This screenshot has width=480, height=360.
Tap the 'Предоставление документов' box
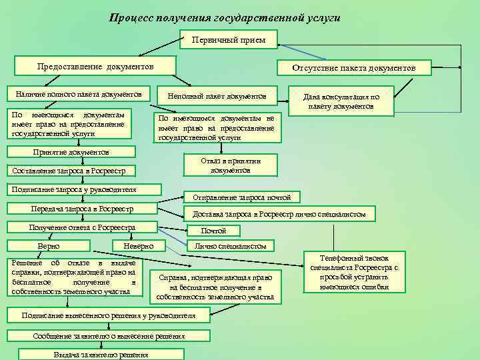click(x=95, y=67)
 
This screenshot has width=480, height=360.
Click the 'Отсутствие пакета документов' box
click(x=354, y=68)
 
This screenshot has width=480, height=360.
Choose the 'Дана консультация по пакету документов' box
click(x=341, y=101)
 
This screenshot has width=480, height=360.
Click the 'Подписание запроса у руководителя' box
click(x=81, y=190)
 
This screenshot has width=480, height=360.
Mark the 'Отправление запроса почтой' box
click(x=242, y=197)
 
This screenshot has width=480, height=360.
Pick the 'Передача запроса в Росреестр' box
click(x=82, y=209)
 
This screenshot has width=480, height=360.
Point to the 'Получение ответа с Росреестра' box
click(x=82, y=228)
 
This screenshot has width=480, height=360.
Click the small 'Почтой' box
click(x=213, y=231)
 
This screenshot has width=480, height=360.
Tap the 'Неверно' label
click(x=139, y=247)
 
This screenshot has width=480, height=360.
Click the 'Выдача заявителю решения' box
click(x=101, y=355)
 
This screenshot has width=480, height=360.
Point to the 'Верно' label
click(x=49, y=247)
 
